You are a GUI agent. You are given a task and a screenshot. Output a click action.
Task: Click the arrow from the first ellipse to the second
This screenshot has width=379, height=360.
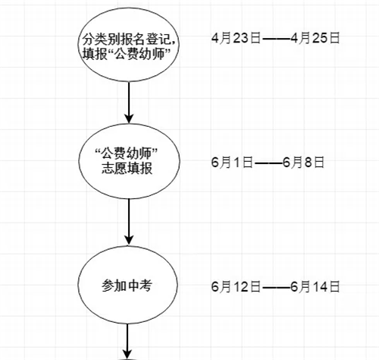tap(129, 103)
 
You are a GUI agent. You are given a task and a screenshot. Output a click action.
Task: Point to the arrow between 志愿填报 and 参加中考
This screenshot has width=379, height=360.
tap(129, 222)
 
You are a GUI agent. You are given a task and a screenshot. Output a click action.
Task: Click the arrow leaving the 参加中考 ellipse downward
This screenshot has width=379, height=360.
tap(127, 342)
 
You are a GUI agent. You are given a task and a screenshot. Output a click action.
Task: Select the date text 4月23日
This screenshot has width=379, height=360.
tap(236, 38)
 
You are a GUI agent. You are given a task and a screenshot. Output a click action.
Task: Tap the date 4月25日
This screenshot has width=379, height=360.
tap(315, 38)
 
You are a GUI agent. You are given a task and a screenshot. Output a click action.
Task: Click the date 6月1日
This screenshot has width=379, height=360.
tap(232, 162)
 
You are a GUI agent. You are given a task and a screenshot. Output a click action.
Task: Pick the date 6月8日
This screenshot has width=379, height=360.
tap(303, 162)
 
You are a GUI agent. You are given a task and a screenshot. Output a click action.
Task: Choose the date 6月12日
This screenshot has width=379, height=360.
tap(236, 286)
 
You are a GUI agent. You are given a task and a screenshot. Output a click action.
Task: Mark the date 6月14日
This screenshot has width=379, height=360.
tap(315, 286)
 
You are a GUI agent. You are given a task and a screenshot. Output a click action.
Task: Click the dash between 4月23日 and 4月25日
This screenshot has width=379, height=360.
tap(275, 39)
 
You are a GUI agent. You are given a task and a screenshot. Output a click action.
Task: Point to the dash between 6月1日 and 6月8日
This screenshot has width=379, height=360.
tap(268, 163)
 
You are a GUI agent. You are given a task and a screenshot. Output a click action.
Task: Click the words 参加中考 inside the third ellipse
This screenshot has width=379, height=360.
tap(127, 286)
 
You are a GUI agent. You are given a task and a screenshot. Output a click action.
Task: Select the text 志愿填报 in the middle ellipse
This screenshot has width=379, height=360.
tap(127, 168)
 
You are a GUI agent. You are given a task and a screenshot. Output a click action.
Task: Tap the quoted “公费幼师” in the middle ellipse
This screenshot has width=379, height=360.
tap(127, 153)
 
